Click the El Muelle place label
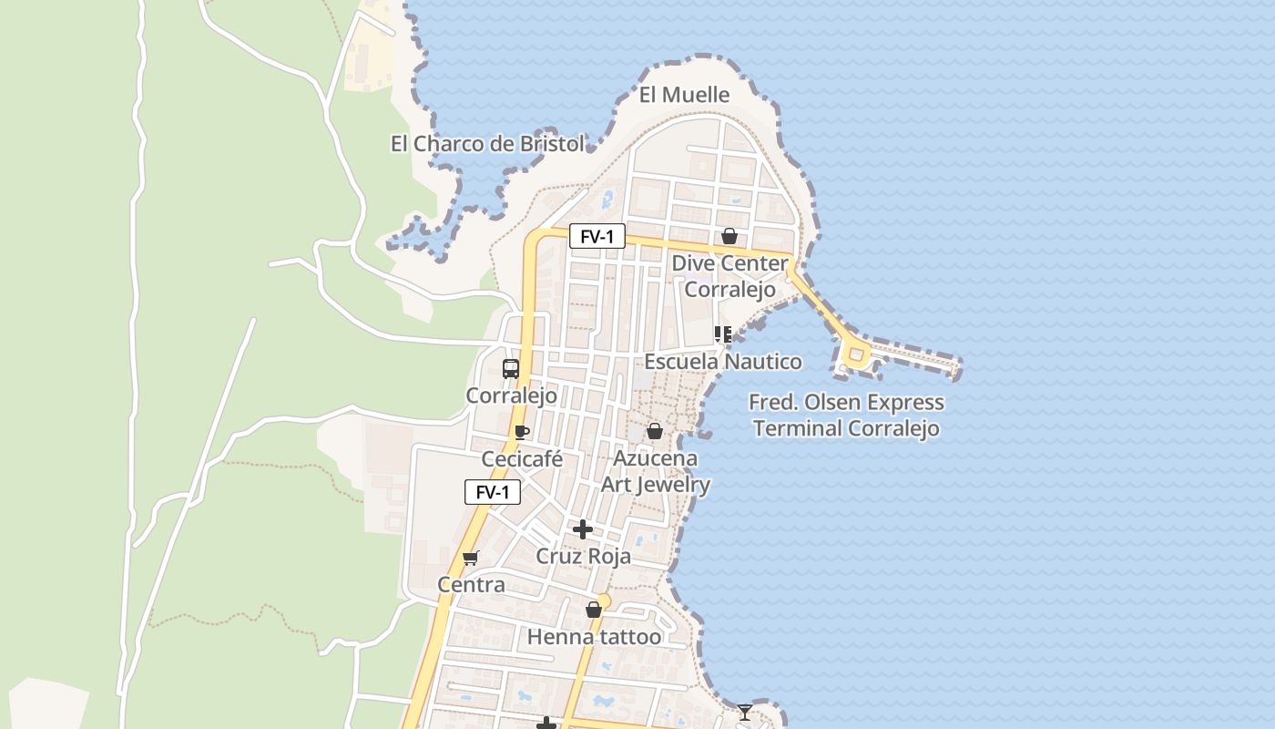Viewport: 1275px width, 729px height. tap(684, 95)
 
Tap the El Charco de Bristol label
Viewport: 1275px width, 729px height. tap(487, 144)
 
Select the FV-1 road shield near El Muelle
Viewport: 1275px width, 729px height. tap(597, 237)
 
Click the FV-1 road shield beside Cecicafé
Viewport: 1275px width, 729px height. tap(493, 492)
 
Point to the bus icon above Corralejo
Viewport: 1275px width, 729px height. tap(511, 369)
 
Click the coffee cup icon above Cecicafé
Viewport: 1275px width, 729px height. tap(521, 432)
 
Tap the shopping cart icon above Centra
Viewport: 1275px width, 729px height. tap(470, 558)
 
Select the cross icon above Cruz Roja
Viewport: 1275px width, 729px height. tap(583, 529)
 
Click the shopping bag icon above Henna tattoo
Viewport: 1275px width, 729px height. tap(594, 610)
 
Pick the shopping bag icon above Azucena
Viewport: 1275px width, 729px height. tap(654, 431)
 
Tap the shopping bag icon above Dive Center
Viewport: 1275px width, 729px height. tap(729, 237)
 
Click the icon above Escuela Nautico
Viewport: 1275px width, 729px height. tap(723, 334)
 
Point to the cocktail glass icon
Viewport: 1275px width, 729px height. tap(745, 712)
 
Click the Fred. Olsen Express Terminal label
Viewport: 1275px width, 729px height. tap(846, 416)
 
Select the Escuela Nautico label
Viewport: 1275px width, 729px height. tap(723, 362)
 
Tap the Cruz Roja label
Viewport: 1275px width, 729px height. tap(583, 556)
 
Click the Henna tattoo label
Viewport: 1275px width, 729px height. tap(594, 637)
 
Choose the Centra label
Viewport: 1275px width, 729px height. tap(471, 585)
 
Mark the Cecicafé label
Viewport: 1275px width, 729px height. tap(522, 459)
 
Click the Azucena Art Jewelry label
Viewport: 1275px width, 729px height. tap(656, 471)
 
